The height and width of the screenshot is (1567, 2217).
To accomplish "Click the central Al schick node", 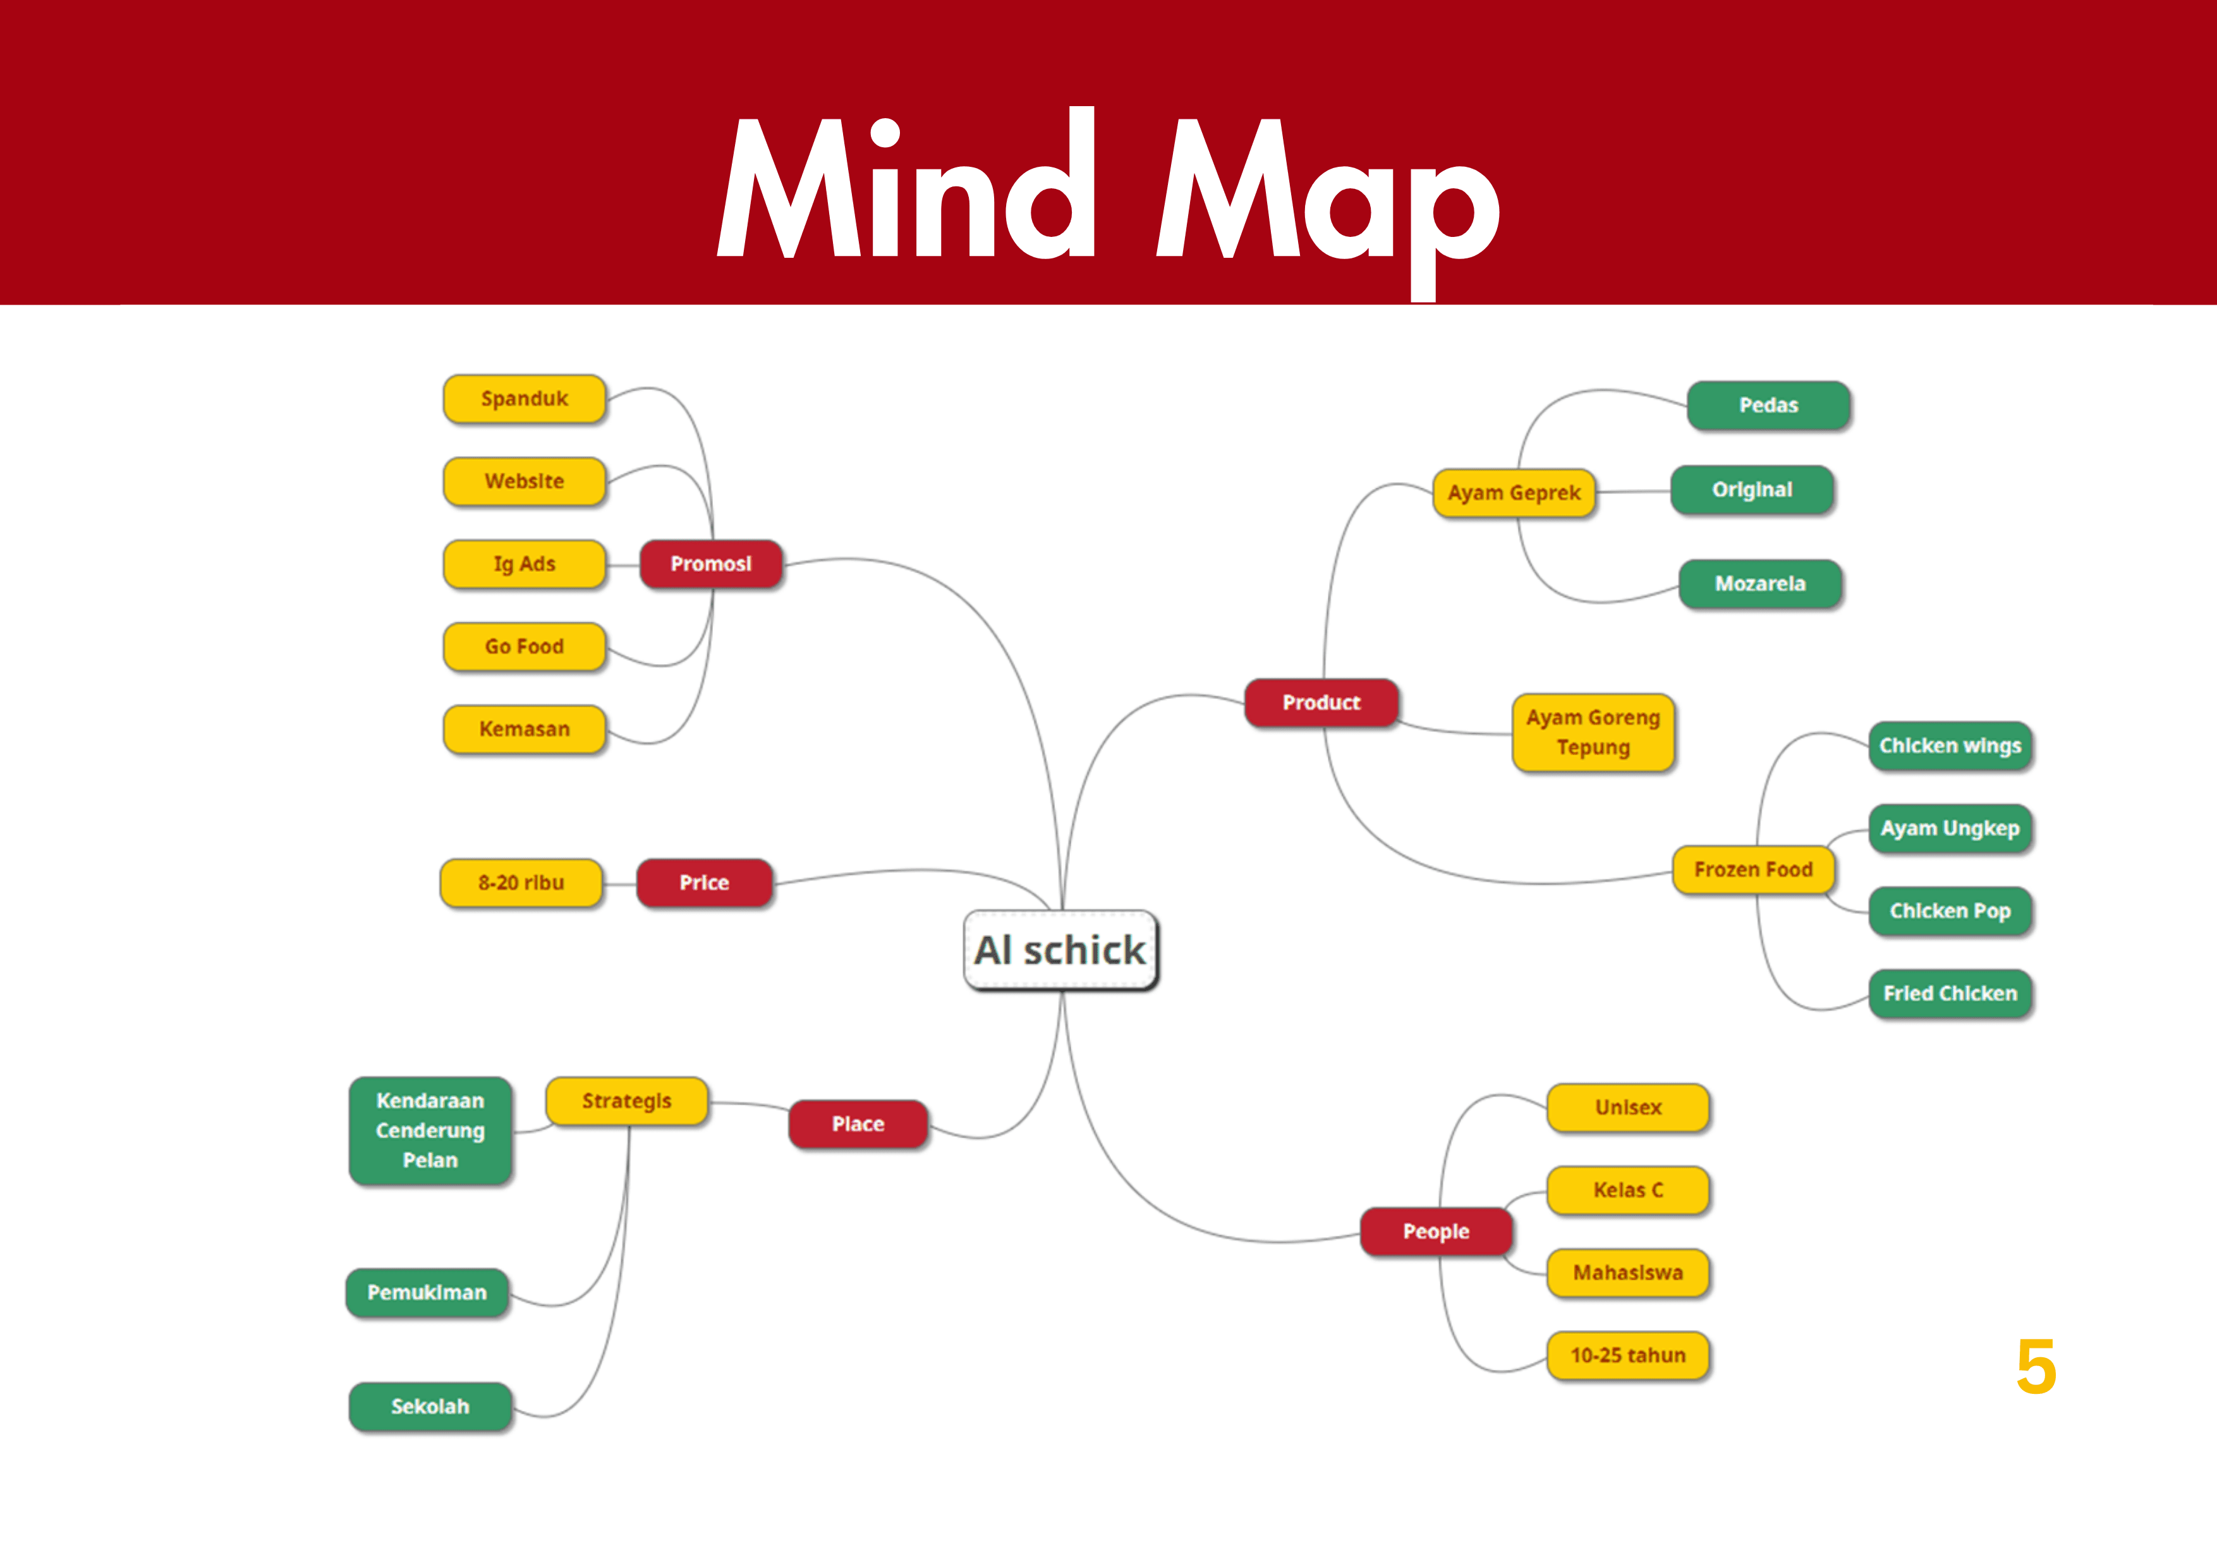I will click(1060, 950).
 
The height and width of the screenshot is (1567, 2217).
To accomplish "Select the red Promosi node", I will click(711, 564).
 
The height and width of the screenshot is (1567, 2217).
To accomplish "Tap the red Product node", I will click(1321, 703).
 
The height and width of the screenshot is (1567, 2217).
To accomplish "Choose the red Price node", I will click(704, 883).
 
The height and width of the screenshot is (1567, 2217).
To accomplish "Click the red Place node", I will click(858, 1124).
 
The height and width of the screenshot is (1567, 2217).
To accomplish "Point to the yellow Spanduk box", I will click(525, 399).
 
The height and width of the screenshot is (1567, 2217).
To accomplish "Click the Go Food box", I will click(525, 647).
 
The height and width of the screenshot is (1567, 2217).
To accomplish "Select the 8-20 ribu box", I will click(521, 883).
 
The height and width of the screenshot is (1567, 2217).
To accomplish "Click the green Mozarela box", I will click(1759, 584).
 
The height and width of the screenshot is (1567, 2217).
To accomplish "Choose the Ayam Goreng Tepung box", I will click(1592, 733).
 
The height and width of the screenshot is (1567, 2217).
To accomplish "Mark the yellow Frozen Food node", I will click(1752, 870).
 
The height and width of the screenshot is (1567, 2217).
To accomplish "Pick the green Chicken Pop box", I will click(1950, 911).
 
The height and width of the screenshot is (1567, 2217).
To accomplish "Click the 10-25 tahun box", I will click(1628, 1355).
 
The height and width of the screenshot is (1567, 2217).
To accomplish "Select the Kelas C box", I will click(1628, 1190).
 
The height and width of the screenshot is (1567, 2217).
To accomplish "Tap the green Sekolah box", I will click(430, 1407).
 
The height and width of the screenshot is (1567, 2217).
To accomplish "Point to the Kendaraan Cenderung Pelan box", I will click(430, 1130).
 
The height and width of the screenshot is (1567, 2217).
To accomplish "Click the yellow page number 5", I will click(2036, 1367).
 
